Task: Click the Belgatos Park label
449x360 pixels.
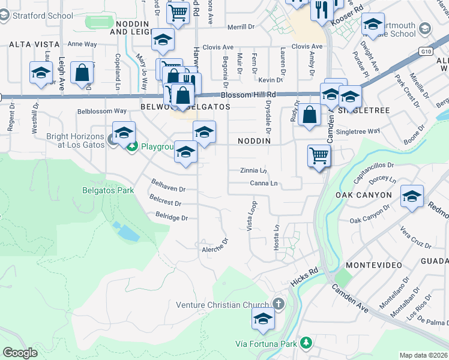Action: pyautogui.click(x=108, y=190)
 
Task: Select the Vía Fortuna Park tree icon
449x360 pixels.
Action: pyautogui.click(x=307, y=343)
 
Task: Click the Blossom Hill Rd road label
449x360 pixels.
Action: pyautogui.click(x=248, y=95)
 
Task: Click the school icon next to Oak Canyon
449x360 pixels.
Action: pyautogui.click(x=412, y=197)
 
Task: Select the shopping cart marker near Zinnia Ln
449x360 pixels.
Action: pyautogui.click(x=319, y=157)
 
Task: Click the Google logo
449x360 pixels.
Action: pyautogui.click(x=20, y=352)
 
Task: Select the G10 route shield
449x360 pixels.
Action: pyautogui.click(x=426, y=52)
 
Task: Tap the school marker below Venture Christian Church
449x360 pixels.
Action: pyautogui.click(x=262, y=320)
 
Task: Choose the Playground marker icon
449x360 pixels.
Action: pyautogui.click(x=130, y=146)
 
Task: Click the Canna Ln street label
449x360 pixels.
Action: pyautogui.click(x=264, y=183)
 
